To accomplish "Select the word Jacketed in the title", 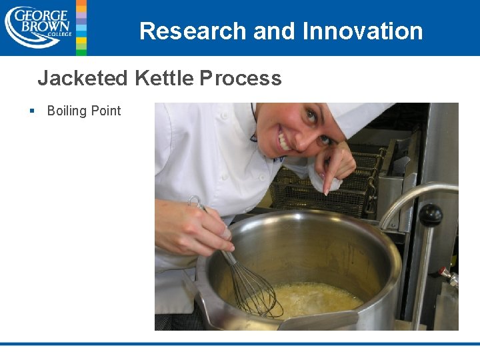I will [x=82, y=79].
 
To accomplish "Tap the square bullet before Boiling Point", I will [x=32, y=111].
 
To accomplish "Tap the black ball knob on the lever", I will [x=430, y=215].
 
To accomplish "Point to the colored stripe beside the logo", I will [x=81, y=27].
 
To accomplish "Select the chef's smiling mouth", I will [x=285, y=142].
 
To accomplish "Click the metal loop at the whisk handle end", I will [x=194, y=201].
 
